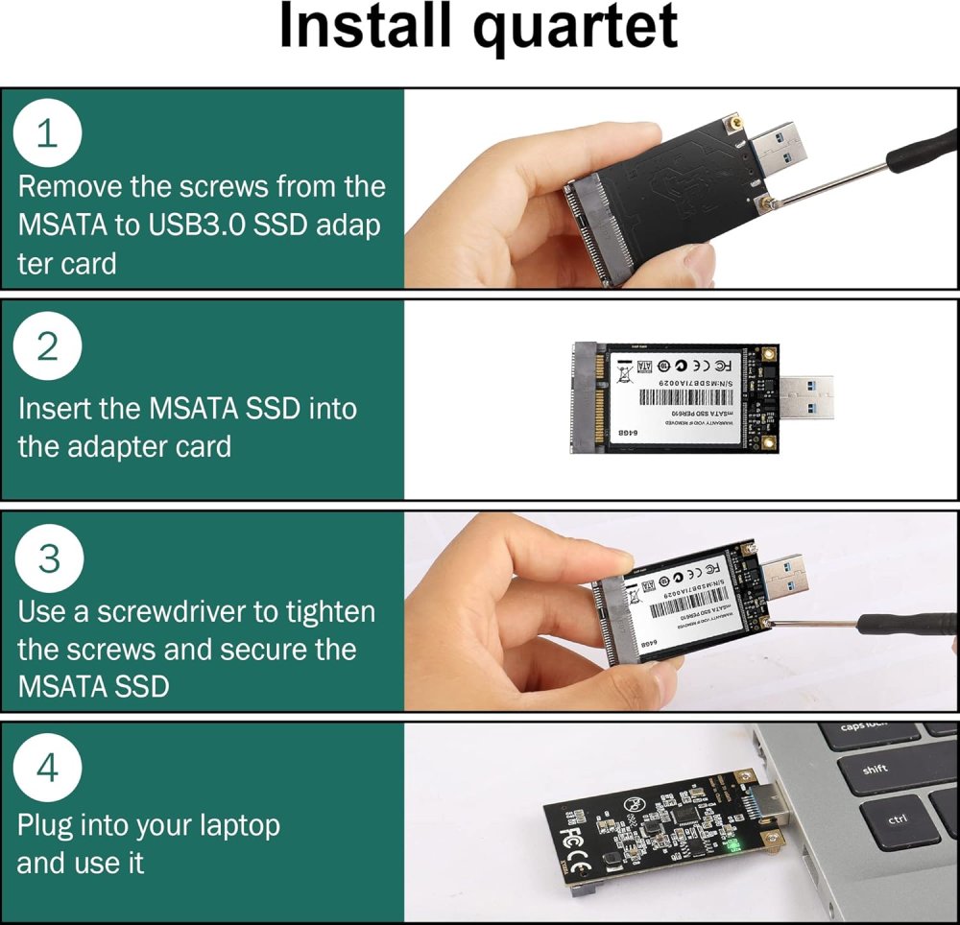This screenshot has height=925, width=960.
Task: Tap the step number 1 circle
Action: pyautogui.click(x=47, y=134)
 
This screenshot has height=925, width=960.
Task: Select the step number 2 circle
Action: pyautogui.click(x=47, y=347)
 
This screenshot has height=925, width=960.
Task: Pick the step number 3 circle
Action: pyautogui.click(x=47, y=558)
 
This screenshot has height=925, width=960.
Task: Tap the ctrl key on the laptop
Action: pyautogui.click(x=899, y=821)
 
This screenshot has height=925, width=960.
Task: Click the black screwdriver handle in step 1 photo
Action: pyautogui.click(x=924, y=154)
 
